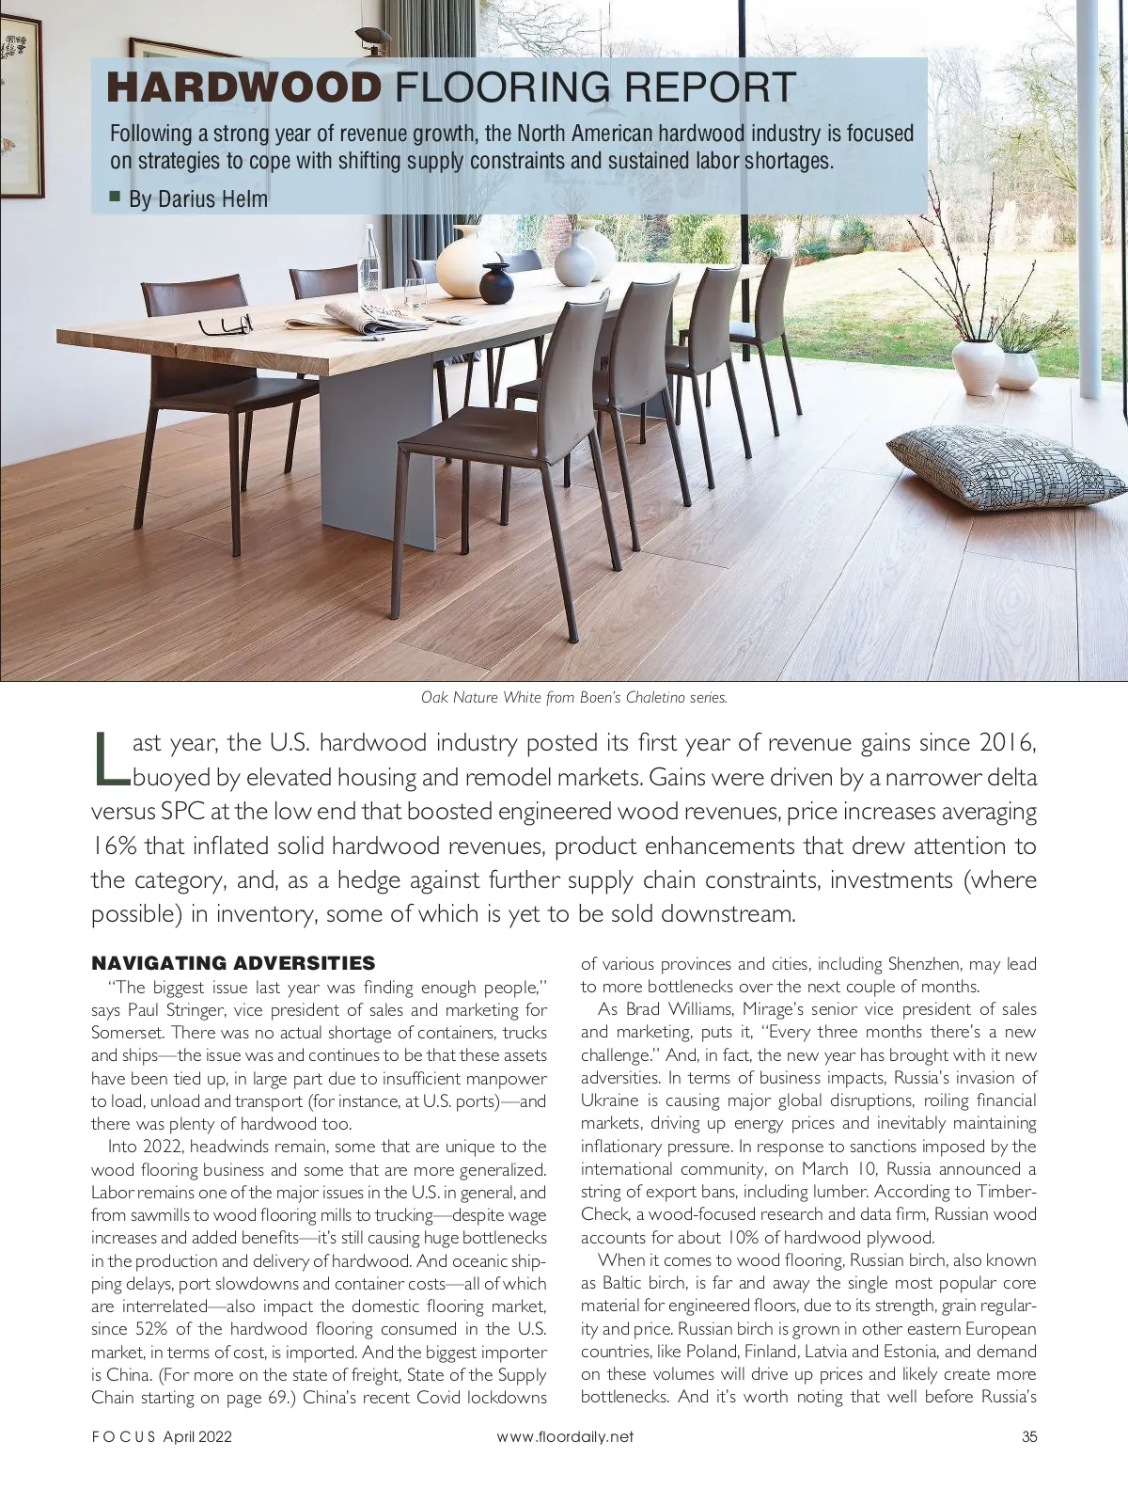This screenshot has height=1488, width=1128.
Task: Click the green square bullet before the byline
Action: pyautogui.click(x=115, y=197)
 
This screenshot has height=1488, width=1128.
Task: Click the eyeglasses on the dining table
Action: pyautogui.click(x=227, y=325)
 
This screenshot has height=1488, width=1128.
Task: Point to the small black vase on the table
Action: pyautogui.click(x=495, y=279)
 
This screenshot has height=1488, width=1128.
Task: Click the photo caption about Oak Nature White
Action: pyautogui.click(x=573, y=698)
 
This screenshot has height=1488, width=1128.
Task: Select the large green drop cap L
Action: pyautogui.click(x=109, y=758)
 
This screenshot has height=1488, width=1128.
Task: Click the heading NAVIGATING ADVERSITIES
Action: pyautogui.click(x=233, y=963)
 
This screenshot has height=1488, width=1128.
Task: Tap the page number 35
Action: pyautogui.click(x=1029, y=1436)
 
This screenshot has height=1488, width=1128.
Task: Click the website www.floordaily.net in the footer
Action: pyautogui.click(x=565, y=1436)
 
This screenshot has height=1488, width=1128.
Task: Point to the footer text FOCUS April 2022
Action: pyautogui.click(x=161, y=1436)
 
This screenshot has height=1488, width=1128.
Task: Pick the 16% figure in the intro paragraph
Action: pyautogui.click(x=114, y=846)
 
